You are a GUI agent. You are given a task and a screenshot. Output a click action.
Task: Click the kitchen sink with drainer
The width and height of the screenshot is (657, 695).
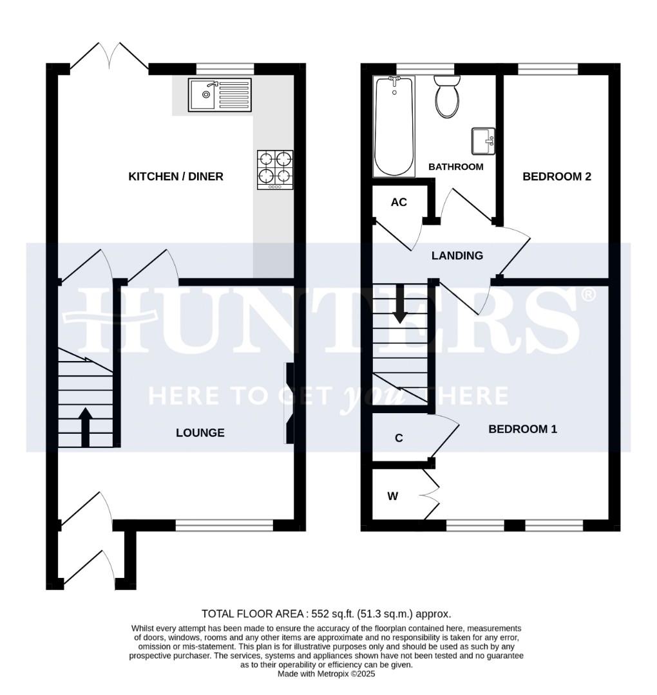(219, 95)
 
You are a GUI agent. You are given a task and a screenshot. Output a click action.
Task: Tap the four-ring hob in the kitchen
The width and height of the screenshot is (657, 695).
(275, 169)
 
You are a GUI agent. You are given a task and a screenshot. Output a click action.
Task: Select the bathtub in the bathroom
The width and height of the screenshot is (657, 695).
(394, 126)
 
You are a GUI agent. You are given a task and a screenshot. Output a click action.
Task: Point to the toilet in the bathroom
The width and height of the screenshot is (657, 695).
(447, 97)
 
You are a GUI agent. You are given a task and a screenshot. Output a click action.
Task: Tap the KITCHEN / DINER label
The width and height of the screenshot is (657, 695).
(176, 176)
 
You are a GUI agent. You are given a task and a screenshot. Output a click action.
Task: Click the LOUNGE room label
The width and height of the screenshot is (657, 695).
(200, 433)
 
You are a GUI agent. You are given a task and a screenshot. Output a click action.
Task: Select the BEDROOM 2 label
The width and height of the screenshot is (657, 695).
(557, 176)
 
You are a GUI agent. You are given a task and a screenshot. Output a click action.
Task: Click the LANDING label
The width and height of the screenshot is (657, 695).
(457, 256)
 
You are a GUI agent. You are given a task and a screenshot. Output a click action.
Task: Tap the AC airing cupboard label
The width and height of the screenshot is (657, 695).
(399, 203)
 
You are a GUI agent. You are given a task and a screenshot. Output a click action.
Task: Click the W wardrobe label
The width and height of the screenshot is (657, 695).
(392, 496)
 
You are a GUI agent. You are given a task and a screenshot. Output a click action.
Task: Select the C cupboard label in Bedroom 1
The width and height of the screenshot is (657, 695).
(399, 438)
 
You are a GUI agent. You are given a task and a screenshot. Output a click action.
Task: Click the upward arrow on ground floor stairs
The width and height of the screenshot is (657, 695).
(85, 425)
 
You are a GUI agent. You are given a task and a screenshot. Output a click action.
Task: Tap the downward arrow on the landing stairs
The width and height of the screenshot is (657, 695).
(400, 303)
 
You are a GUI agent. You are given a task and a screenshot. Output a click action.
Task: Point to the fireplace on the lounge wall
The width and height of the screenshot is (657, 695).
(289, 403)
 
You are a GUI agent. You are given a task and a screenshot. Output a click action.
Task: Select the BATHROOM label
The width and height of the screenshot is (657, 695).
(456, 167)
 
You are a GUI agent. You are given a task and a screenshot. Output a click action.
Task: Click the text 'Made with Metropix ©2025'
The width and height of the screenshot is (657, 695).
(326, 674)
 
